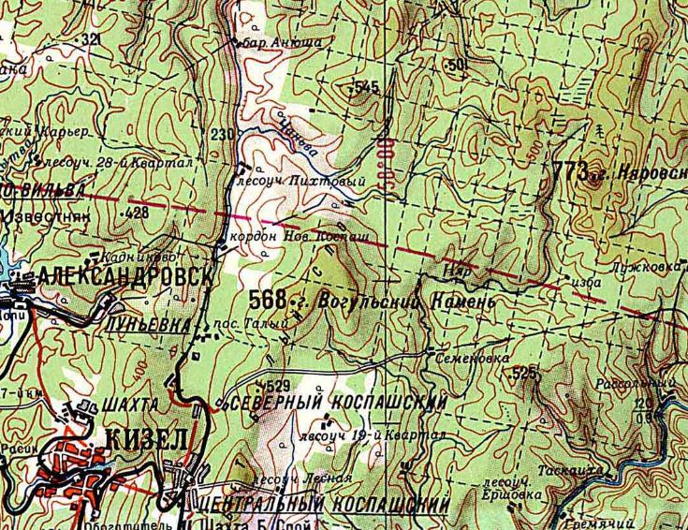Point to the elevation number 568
pyautogui.click(x=268, y=300)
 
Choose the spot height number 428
pyautogui.click(x=137, y=213)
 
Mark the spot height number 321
pyautogui.click(x=91, y=39)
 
